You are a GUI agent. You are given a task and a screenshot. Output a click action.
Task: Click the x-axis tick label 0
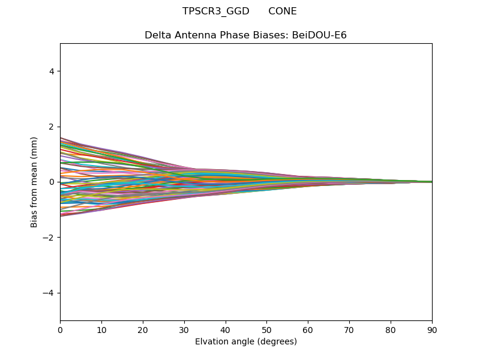tap(60, 329)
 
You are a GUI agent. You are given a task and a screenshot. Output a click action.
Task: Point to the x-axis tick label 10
tap(101, 329)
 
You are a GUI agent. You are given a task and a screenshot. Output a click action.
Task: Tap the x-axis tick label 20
tap(143, 329)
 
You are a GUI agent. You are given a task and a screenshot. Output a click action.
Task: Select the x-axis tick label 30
tap(184, 329)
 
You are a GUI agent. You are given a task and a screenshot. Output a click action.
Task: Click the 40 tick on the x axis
tap(226, 329)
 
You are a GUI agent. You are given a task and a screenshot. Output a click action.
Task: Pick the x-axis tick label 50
tap(266, 329)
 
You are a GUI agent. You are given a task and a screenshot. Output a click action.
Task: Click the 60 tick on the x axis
tap(308, 329)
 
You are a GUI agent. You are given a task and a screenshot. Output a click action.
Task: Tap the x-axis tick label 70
tap(349, 329)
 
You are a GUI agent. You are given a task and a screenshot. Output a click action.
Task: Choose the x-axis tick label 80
tap(391, 329)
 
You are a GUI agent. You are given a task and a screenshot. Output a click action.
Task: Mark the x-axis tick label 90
tap(432, 329)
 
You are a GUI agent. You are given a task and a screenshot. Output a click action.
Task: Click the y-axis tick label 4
tap(52, 71)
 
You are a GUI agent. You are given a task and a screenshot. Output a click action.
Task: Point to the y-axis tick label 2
tap(52, 127)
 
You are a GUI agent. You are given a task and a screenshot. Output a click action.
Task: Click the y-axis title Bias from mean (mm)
tap(35, 182)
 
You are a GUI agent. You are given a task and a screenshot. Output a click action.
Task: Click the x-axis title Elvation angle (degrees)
tap(246, 342)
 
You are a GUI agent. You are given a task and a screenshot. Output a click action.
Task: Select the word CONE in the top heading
tap(283, 11)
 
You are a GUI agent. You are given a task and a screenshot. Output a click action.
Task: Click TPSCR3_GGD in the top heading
tap(216, 11)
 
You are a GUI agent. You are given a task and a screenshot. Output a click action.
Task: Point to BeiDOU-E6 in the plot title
tap(319, 35)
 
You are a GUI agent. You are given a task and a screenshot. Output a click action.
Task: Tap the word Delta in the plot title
tap(157, 35)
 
